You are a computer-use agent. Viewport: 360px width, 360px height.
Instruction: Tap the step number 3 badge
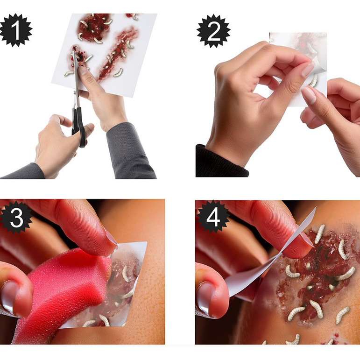[16, 218]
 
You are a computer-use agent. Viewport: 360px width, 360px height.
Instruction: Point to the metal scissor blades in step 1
[76, 79]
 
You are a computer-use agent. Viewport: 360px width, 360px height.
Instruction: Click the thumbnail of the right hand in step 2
[309, 96]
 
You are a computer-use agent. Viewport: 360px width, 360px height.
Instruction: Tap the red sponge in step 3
[61, 289]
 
